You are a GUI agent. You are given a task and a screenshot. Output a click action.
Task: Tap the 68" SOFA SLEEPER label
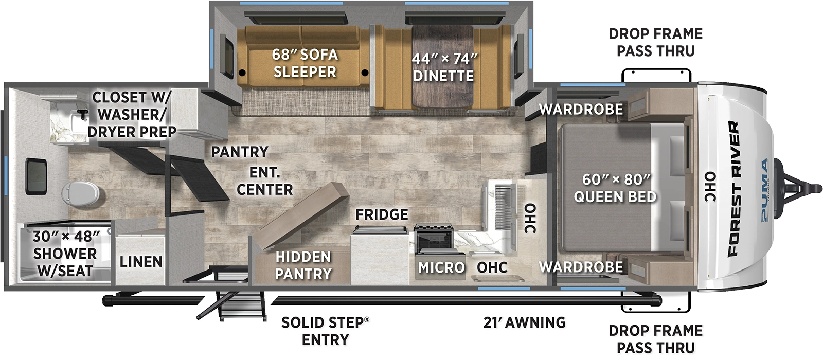(305, 63)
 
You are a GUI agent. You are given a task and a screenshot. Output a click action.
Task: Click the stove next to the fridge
(433, 240)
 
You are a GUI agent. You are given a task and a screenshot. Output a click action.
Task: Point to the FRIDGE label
(382, 214)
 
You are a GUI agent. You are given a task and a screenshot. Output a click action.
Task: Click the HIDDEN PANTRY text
(303, 265)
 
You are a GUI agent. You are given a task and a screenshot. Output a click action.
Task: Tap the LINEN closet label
(141, 262)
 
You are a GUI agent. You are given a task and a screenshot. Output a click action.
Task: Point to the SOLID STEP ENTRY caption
(325, 331)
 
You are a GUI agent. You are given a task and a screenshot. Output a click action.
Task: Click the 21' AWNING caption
(524, 322)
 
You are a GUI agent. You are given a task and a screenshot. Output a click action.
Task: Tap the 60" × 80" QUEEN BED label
(615, 188)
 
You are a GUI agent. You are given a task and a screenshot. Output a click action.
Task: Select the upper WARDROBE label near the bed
(581, 109)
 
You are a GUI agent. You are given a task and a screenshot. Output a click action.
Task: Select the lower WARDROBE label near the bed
(581, 266)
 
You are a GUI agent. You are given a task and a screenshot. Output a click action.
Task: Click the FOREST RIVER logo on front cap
(733, 189)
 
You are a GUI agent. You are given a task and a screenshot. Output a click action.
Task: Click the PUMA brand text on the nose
(765, 190)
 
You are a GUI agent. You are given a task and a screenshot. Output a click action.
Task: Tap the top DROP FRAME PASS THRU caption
(655, 42)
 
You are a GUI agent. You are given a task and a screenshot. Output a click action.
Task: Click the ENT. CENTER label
(264, 181)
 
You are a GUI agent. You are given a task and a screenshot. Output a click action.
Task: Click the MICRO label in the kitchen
(441, 267)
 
